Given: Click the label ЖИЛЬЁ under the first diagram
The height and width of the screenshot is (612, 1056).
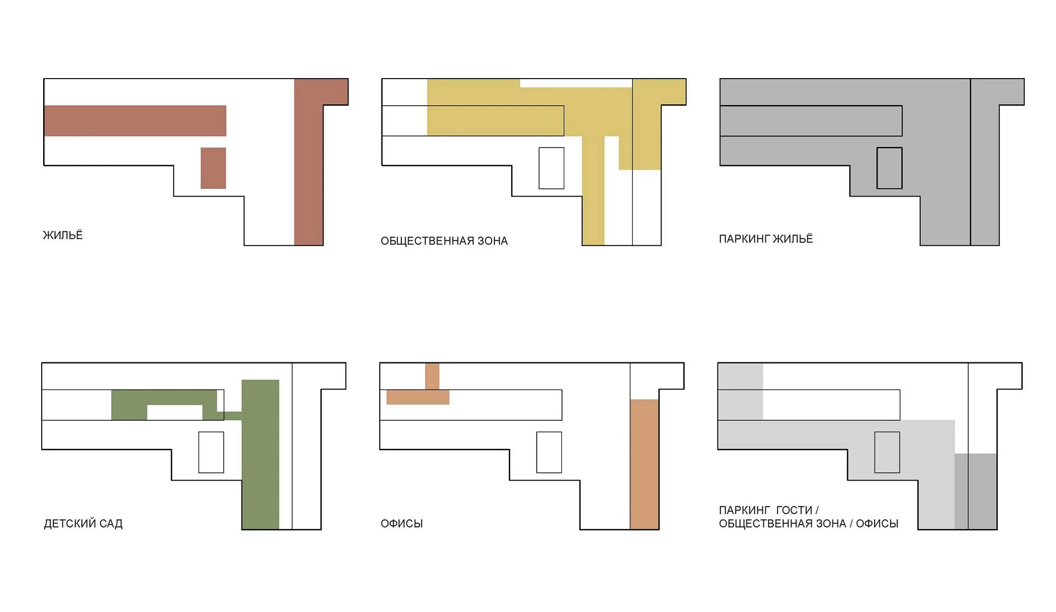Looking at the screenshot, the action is [63, 235].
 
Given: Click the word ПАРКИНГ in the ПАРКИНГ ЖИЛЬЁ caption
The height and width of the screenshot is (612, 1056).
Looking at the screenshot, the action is [744, 239].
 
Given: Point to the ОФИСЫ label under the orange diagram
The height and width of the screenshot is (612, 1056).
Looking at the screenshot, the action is [402, 524].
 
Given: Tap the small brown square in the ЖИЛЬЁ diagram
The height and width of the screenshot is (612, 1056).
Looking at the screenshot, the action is [213, 168].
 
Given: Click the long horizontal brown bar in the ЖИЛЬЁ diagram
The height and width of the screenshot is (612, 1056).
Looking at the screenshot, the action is [135, 121].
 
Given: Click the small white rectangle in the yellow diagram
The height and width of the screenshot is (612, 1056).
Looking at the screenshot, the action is [551, 168].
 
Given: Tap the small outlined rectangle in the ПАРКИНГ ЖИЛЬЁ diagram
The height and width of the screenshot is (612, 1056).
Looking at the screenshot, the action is [889, 168].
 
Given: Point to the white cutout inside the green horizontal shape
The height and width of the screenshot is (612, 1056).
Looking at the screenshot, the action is [174, 412].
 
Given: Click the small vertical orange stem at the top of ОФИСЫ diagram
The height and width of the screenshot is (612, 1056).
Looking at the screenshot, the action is [432, 376].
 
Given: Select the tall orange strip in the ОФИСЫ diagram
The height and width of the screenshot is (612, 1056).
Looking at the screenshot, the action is [644, 464].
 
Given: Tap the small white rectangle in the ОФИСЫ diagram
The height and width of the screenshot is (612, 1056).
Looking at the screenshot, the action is [549, 453].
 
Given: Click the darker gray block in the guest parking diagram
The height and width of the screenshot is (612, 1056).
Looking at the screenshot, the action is [976, 492].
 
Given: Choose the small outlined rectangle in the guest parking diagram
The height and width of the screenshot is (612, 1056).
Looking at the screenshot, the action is [887, 453].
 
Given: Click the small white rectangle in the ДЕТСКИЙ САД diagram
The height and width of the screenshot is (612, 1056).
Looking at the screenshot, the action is [211, 453].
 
